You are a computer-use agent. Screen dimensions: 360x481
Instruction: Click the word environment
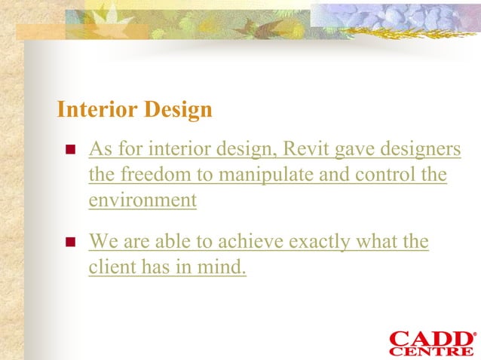[x=142, y=200]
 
